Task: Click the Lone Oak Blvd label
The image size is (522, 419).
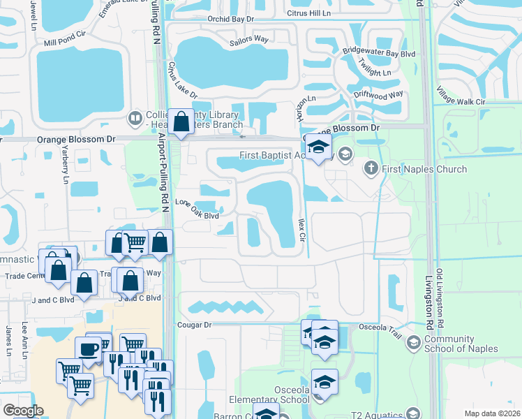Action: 196,209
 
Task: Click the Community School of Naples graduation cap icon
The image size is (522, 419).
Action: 414,342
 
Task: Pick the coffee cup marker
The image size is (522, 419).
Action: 89,348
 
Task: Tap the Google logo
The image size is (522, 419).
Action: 23,411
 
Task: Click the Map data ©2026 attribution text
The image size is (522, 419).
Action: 492,413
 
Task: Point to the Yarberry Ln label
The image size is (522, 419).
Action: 66,169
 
